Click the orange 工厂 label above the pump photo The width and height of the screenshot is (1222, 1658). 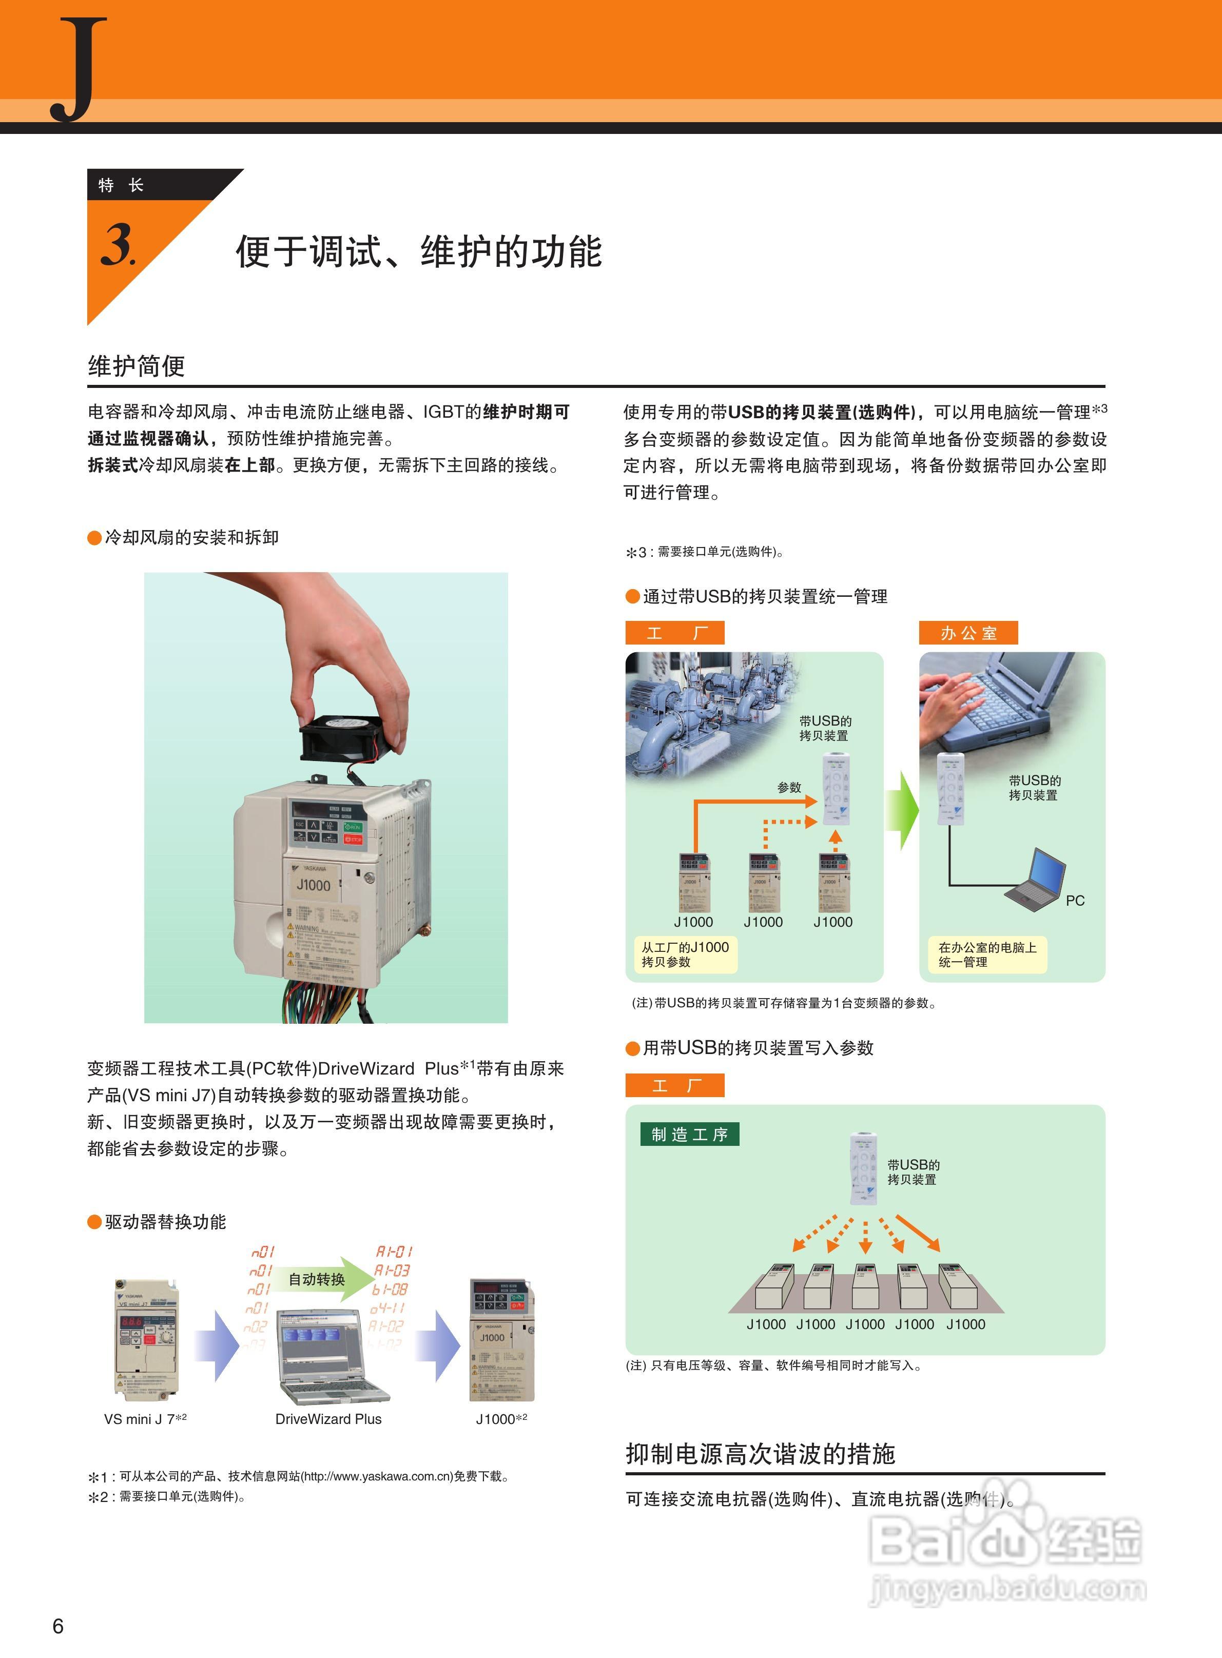pos(674,633)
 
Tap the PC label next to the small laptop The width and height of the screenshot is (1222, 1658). pos(1075,901)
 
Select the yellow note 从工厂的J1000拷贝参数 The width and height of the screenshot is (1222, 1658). pos(685,954)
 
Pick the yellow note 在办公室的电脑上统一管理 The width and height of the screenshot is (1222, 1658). pos(987,954)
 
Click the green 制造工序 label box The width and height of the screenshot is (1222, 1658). pos(689,1135)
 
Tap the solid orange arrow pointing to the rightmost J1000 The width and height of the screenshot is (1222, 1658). pos(917,1233)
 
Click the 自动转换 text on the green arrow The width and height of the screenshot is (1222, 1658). pos(317,1279)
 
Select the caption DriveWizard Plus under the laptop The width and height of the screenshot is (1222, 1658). pos(328,1418)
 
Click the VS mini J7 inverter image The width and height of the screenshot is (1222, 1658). pos(146,1338)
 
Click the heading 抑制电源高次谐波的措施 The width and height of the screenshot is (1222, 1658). pos(761,1453)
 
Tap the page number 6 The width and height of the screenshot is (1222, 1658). pos(57,1626)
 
